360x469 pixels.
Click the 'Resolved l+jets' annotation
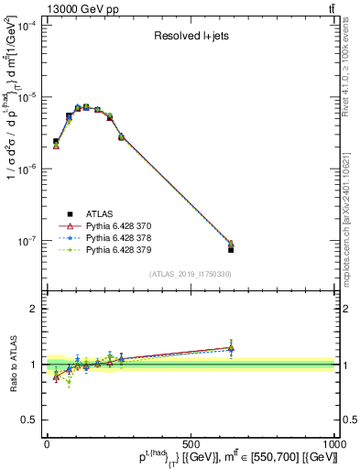(191, 38)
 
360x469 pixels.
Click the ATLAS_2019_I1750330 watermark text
(191, 274)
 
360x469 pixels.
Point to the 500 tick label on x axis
(191, 442)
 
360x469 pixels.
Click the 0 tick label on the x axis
(47, 442)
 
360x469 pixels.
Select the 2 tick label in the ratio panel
(34, 309)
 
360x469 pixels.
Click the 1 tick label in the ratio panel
(34, 365)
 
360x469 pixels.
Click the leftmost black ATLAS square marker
(56, 142)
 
